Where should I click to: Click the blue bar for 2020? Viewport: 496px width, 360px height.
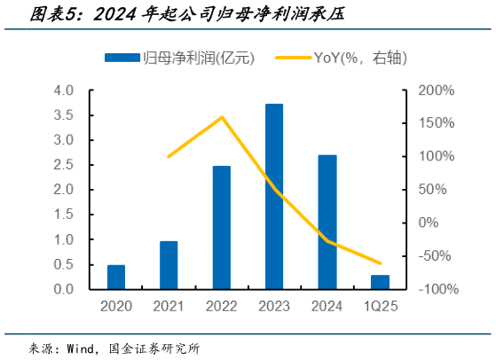coord(116,277)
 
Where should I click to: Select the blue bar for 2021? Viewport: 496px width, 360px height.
coord(169,265)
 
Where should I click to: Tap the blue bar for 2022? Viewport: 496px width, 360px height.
coord(222,228)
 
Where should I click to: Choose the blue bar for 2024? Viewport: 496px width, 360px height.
coord(327,223)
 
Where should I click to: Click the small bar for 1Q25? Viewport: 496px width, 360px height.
coord(380,282)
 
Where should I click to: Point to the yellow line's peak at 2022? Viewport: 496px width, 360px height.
coord(222,117)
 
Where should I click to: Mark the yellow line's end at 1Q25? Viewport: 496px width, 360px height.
coord(380,263)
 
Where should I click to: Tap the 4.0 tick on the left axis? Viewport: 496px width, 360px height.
coord(64,90)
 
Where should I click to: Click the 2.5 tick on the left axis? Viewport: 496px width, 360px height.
coord(64,165)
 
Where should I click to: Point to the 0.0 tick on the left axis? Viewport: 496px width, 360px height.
coord(64,289)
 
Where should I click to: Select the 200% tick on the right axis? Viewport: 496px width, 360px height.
coord(436,90)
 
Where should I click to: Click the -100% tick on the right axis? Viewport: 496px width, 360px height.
coord(436,289)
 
